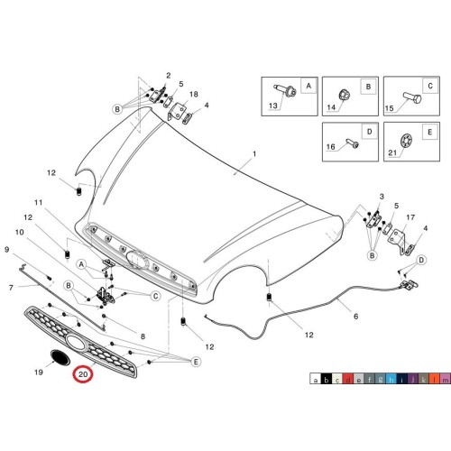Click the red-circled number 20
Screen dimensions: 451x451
(83, 374)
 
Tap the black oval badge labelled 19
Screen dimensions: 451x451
(60, 357)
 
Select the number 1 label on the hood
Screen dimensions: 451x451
(254, 154)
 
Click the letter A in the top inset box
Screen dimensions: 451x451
(308, 86)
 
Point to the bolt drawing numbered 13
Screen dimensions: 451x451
(286, 90)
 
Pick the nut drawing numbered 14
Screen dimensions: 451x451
(345, 95)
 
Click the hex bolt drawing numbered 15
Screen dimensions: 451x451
(412, 97)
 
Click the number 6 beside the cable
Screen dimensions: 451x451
(356, 317)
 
